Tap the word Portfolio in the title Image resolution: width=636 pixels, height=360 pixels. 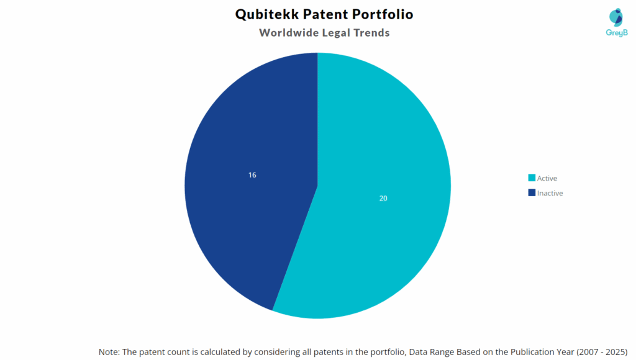click(x=383, y=14)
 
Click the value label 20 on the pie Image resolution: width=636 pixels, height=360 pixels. click(x=383, y=198)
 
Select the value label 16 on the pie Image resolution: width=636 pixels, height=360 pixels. click(x=252, y=175)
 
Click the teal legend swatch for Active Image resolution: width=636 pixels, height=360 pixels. click(x=532, y=178)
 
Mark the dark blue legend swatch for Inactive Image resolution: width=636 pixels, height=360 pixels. click(x=532, y=193)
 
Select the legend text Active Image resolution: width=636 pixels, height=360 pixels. click(x=547, y=178)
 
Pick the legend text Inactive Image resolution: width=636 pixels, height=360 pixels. click(x=550, y=193)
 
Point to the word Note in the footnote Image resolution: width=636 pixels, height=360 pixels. click(x=110, y=352)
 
